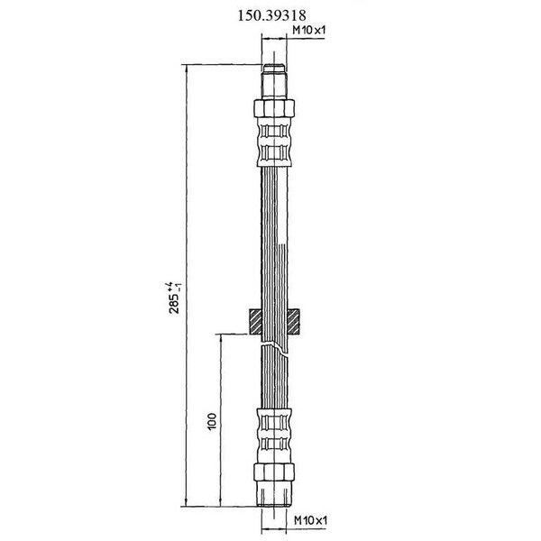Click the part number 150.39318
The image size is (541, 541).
[272, 15]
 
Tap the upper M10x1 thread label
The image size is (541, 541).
[308, 31]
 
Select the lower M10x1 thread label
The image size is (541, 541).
[310, 520]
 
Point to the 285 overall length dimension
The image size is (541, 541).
[173, 303]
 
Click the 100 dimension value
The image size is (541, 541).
[212, 421]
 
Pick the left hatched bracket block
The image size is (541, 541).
[256, 322]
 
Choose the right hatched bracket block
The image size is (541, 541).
[293, 322]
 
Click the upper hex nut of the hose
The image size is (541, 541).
[274, 108]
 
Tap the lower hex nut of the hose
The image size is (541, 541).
[274, 472]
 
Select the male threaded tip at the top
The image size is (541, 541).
[274, 81]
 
